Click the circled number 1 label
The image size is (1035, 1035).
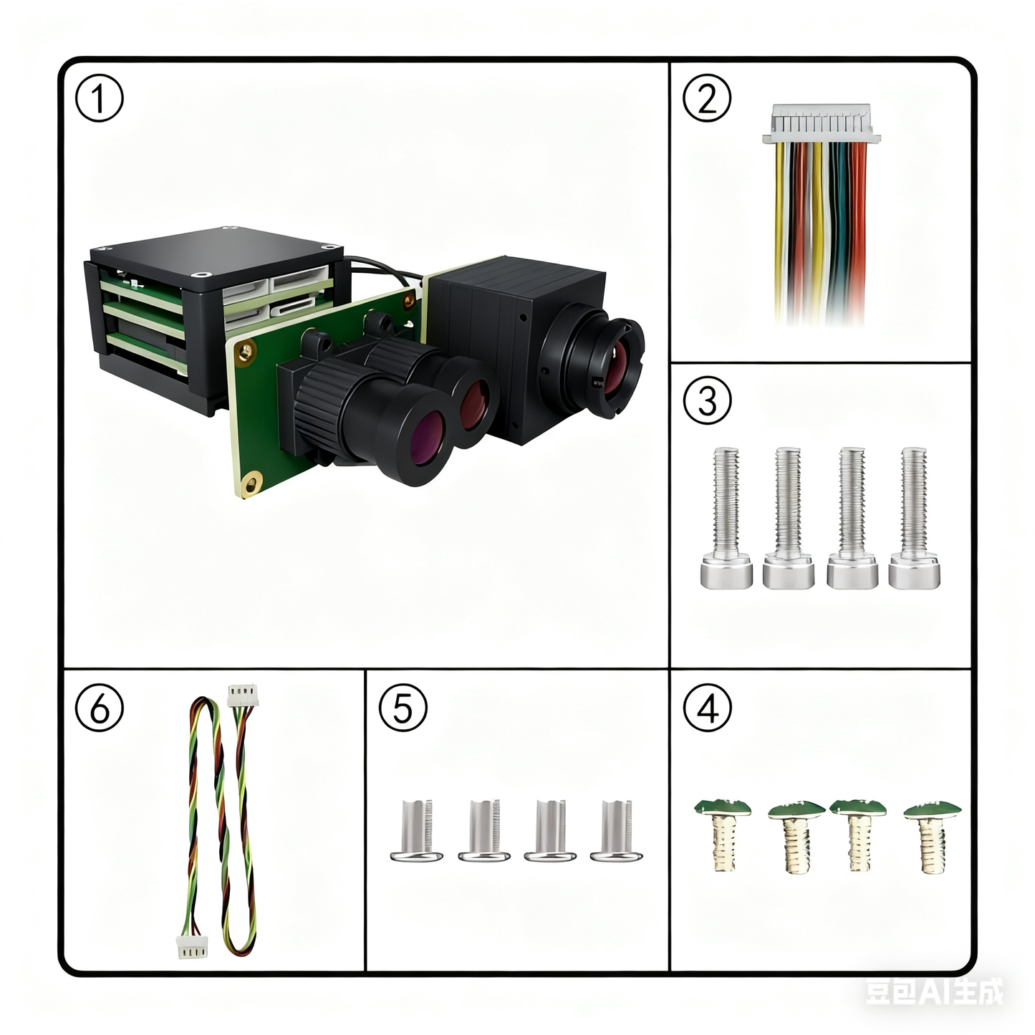(100, 100)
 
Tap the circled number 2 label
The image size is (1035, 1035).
(707, 100)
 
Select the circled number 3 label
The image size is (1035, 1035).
(707, 400)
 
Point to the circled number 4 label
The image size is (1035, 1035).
(707, 708)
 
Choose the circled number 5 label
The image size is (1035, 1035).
(403, 708)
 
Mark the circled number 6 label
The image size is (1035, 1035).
(100, 708)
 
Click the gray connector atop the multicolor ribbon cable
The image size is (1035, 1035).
(821, 125)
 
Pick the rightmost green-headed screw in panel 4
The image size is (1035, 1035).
(932, 834)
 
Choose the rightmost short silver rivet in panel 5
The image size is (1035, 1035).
(617, 831)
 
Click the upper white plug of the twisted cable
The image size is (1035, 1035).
(243, 695)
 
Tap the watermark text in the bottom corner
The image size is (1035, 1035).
(934, 992)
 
